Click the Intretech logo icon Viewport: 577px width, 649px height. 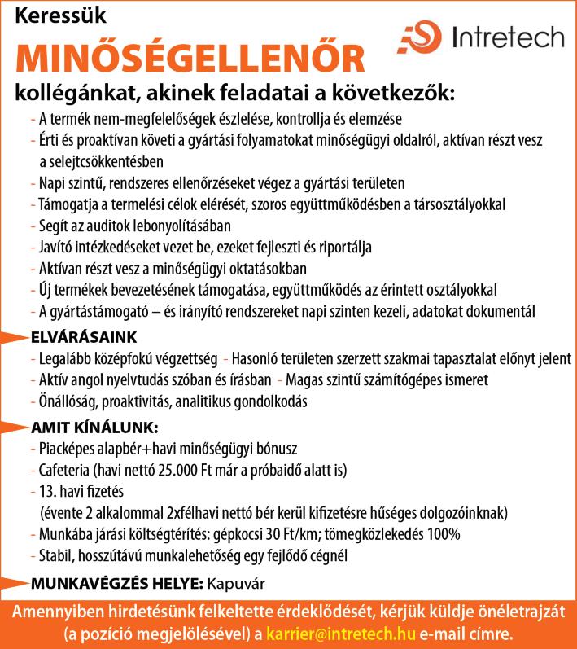point(418,37)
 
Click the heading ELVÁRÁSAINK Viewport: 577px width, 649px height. point(84,337)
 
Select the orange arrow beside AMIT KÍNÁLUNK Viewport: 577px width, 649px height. point(15,426)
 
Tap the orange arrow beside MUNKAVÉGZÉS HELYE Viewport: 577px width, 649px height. point(15,583)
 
